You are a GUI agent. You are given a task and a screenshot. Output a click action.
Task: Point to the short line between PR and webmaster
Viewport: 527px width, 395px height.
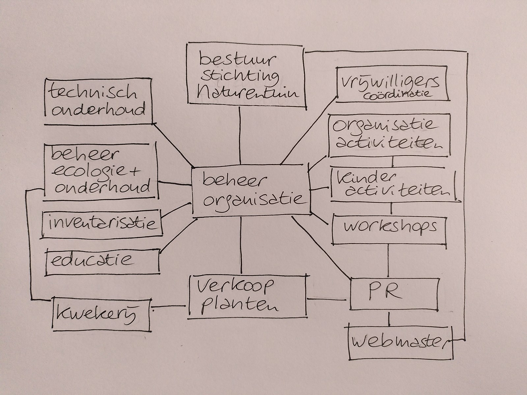pyautogui.click(x=390, y=319)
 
